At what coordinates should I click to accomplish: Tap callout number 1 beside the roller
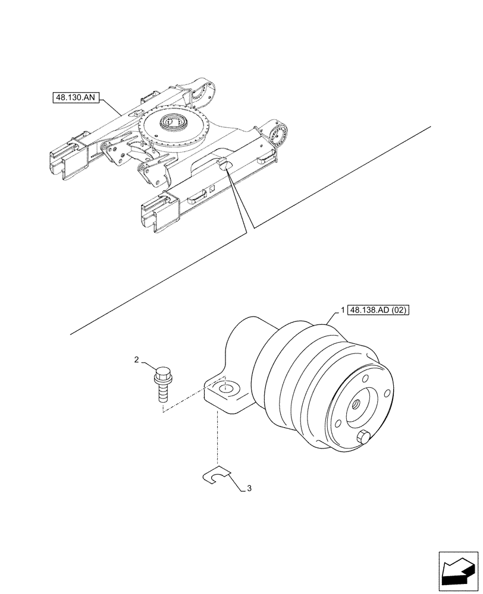(343, 309)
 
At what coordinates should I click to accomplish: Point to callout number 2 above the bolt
(137, 360)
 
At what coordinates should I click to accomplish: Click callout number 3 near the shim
(249, 489)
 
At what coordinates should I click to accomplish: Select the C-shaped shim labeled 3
(217, 474)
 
